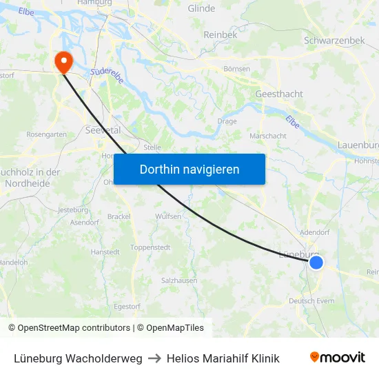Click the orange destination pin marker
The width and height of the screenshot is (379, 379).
63,61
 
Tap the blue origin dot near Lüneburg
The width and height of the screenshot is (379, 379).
316,263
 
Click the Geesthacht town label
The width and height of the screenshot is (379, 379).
279,94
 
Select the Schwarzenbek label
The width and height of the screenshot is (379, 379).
334,41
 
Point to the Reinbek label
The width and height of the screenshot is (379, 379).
221,34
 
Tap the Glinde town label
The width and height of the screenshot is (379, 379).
201,9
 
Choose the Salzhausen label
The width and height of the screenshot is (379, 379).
179,281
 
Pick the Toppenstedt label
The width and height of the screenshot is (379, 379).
150,247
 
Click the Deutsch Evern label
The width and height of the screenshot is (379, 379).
311,301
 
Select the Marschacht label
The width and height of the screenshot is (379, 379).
268,136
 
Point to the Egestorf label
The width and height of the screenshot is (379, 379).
127,306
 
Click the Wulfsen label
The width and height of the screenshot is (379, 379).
169,216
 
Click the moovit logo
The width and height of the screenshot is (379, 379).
338,358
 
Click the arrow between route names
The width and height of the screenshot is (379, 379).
154,358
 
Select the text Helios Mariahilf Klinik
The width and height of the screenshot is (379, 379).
223,358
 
